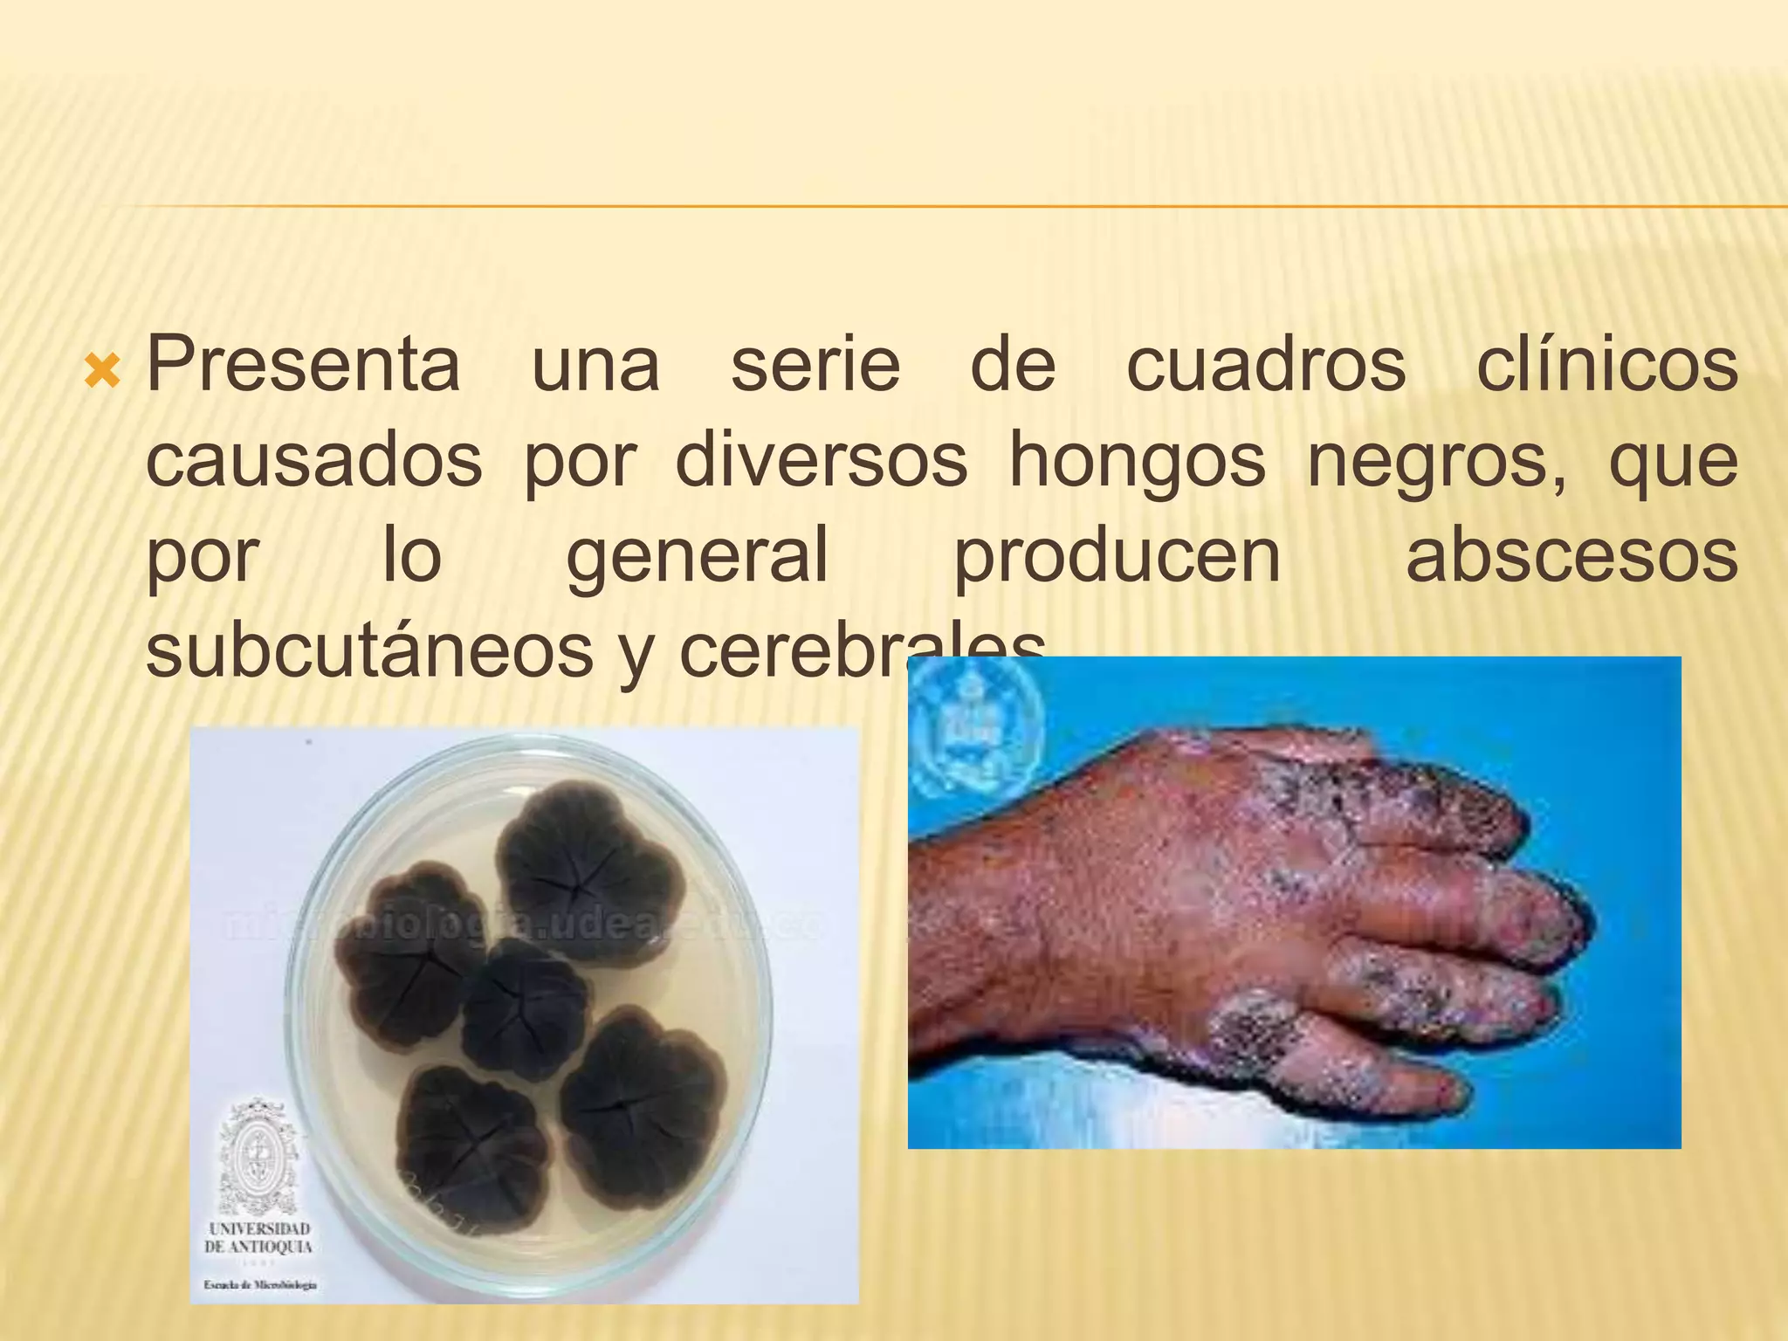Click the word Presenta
[x=303, y=365]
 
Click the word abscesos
[x=1571, y=557]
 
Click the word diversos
[x=821, y=461]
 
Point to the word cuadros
[x=1266, y=365]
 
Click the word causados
[x=313, y=461]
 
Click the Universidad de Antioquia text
[x=258, y=1238]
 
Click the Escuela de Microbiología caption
[x=260, y=1284]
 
